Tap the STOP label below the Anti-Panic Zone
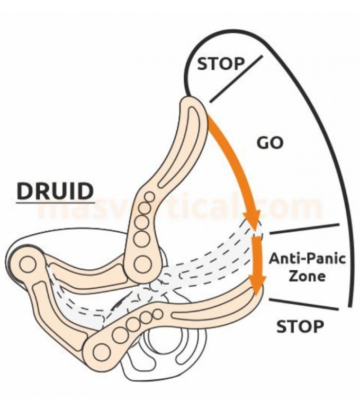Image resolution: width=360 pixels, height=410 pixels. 299,327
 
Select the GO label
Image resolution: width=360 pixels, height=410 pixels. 270,143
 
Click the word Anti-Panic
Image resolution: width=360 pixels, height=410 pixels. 307,259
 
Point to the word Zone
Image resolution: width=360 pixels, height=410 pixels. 307,276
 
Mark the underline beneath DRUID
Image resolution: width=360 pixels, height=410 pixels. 55,202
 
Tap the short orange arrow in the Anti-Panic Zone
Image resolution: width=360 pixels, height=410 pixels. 257,265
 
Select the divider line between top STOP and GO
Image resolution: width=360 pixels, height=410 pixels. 236,79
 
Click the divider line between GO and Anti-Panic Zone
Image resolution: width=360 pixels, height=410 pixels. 304,229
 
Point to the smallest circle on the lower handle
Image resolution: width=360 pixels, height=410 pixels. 157,314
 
